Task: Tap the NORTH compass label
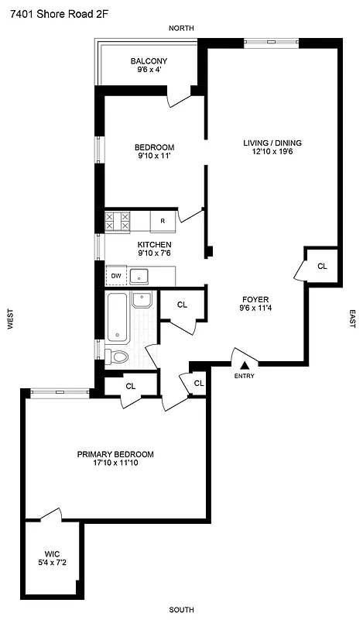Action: [x=183, y=29]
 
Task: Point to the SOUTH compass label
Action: [x=183, y=609]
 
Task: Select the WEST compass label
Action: [x=10, y=320]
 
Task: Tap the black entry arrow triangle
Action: [x=245, y=365]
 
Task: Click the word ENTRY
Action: [x=244, y=377]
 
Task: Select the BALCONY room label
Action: [x=149, y=61]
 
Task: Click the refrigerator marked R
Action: [x=163, y=221]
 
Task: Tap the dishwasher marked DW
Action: [x=115, y=276]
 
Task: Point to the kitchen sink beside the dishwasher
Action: [x=140, y=276]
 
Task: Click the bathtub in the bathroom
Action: [x=118, y=318]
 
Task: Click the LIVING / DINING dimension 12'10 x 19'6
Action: [x=272, y=152]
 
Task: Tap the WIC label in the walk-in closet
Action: [x=52, y=553]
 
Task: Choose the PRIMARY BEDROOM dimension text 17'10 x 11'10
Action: [x=115, y=463]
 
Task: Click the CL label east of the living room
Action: [x=322, y=266]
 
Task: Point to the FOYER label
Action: [x=255, y=298]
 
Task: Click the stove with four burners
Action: [x=118, y=221]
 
